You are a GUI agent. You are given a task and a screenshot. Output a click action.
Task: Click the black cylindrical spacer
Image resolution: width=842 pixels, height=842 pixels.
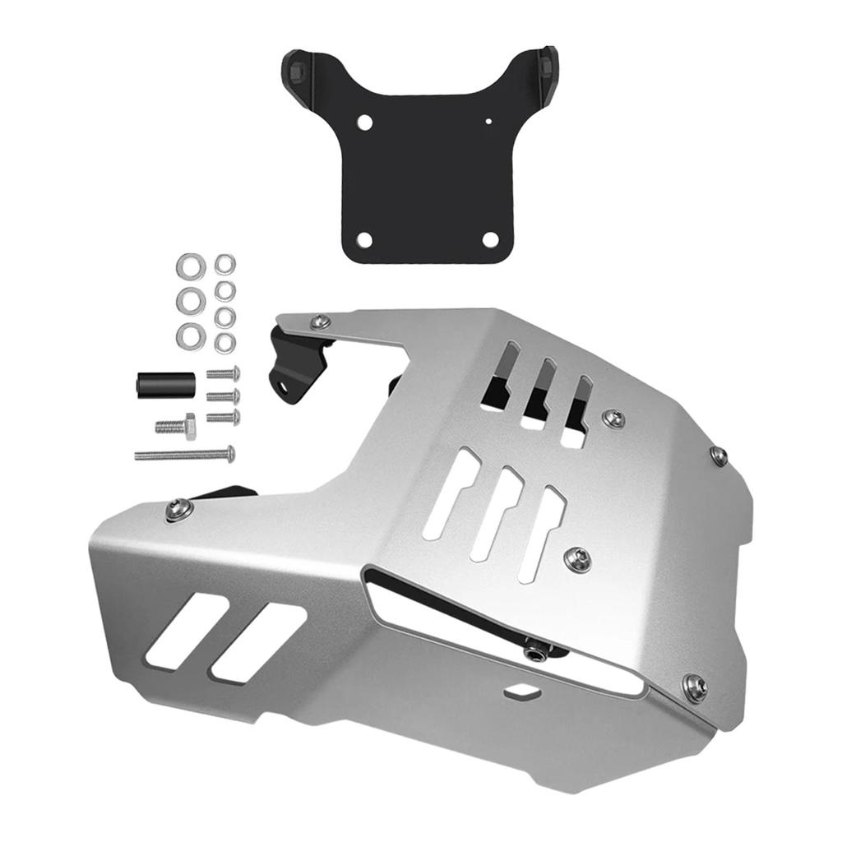(x=164, y=384)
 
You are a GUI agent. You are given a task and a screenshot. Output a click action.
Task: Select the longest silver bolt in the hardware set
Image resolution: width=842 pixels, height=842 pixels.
(x=185, y=453)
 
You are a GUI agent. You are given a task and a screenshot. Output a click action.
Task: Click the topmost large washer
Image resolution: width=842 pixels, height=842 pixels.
(x=190, y=266)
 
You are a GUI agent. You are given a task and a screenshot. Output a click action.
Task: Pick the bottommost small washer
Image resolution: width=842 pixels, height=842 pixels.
(x=224, y=343)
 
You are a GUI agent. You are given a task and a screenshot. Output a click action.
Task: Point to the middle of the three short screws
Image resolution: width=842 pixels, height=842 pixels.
(x=224, y=396)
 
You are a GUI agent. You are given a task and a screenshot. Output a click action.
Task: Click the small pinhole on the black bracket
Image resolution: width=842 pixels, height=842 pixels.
(x=489, y=122)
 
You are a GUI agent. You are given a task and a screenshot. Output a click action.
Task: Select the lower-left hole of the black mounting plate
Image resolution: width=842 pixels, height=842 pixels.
(x=365, y=239)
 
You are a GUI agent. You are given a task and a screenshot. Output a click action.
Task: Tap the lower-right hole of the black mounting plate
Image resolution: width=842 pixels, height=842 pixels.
(x=490, y=239)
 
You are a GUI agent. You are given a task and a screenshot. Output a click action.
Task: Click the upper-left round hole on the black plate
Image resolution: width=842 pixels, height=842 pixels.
(x=365, y=123)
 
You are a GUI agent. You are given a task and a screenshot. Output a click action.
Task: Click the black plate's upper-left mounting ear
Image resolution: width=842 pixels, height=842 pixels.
(x=298, y=64)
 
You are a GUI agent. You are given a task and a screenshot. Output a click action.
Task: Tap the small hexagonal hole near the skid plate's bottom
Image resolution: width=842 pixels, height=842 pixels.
(x=520, y=692)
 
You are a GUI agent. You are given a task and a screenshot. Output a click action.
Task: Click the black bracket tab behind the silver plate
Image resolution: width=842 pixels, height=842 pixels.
(x=292, y=362)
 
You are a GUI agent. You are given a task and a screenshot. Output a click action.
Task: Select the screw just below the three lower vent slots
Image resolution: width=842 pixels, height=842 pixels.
(x=579, y=560)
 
